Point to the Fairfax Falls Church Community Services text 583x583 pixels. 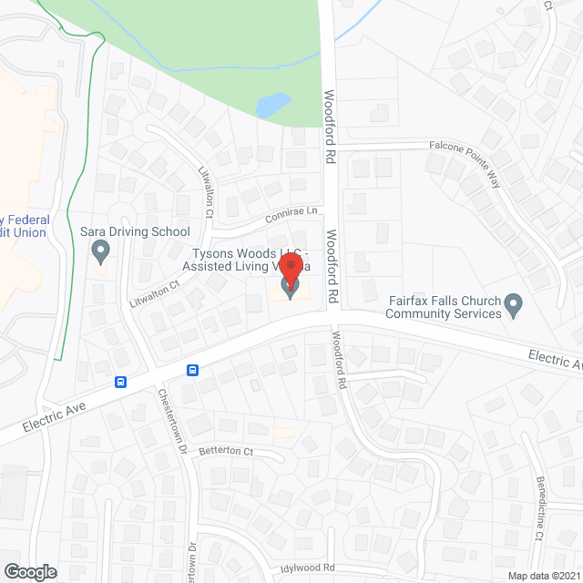point(444,308)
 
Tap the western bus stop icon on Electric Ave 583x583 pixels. point(120,382)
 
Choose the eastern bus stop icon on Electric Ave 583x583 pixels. point(192,370)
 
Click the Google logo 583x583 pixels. point(29,571)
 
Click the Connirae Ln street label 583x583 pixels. point(291,216)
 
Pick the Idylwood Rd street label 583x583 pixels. point(310,568)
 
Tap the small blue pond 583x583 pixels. point(271,106)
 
